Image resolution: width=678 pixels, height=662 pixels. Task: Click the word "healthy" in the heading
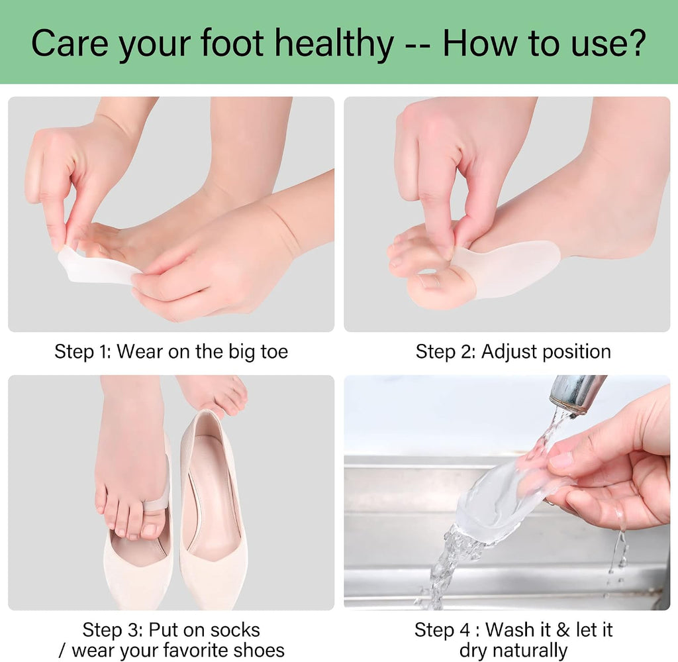coord(334,43)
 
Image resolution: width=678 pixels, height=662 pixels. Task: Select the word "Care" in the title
coord(69,43)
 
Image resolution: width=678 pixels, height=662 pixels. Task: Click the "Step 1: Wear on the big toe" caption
coord(171,351)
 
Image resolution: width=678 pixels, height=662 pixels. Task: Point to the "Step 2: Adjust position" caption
coord(513,351)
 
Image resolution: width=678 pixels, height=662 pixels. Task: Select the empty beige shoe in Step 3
coord(213,510)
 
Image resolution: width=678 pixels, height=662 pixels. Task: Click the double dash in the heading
coord(418,46)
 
